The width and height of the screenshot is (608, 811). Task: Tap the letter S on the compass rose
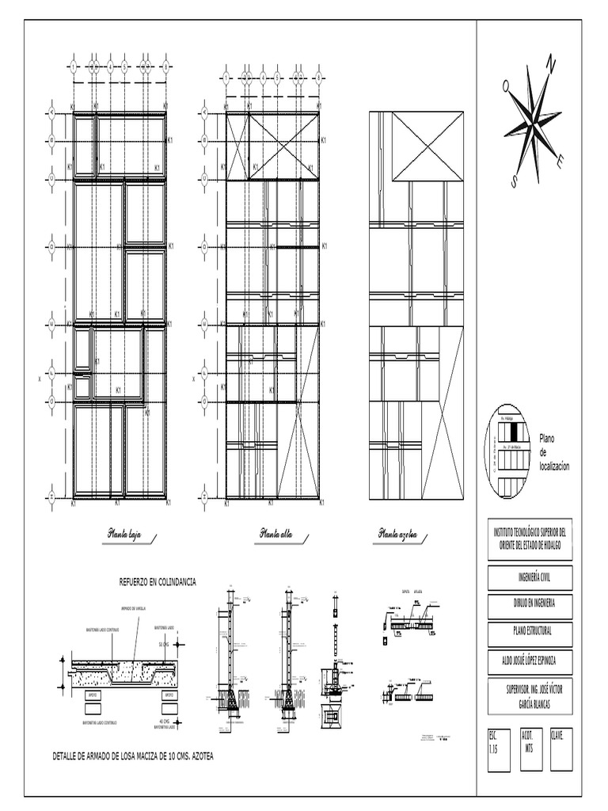point(514,182)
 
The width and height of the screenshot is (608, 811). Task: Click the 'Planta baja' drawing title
point(129,536)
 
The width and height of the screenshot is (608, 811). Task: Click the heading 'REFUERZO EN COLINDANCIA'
point(157,582)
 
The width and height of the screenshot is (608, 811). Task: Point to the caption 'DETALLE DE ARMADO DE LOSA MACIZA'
point(132,756)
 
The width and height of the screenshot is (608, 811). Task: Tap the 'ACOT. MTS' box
point(530,749)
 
